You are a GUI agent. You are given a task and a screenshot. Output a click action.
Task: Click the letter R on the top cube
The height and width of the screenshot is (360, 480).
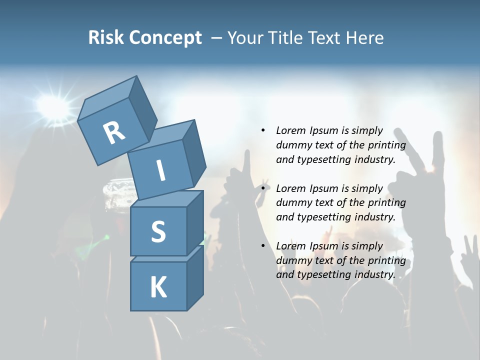pos(114,132)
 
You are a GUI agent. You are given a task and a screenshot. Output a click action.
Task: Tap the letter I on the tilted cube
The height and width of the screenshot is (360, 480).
pos(161,170)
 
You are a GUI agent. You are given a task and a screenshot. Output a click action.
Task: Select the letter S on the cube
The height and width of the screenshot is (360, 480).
pos(158,231)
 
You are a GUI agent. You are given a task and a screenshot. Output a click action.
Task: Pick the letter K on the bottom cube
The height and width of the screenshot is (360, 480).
pos(158,287)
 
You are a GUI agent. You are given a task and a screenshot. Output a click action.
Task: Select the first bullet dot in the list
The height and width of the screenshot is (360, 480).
pos(263,130)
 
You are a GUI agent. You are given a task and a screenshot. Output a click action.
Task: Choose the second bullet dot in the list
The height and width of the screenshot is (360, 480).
pos(263,188)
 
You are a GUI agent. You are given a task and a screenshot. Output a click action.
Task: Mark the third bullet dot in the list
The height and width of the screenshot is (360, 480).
pos(263,246)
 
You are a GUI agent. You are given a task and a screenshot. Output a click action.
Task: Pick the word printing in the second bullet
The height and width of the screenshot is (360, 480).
pos(386,202)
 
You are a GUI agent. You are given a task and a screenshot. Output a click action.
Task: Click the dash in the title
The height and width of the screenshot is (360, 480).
pos(217,37)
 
